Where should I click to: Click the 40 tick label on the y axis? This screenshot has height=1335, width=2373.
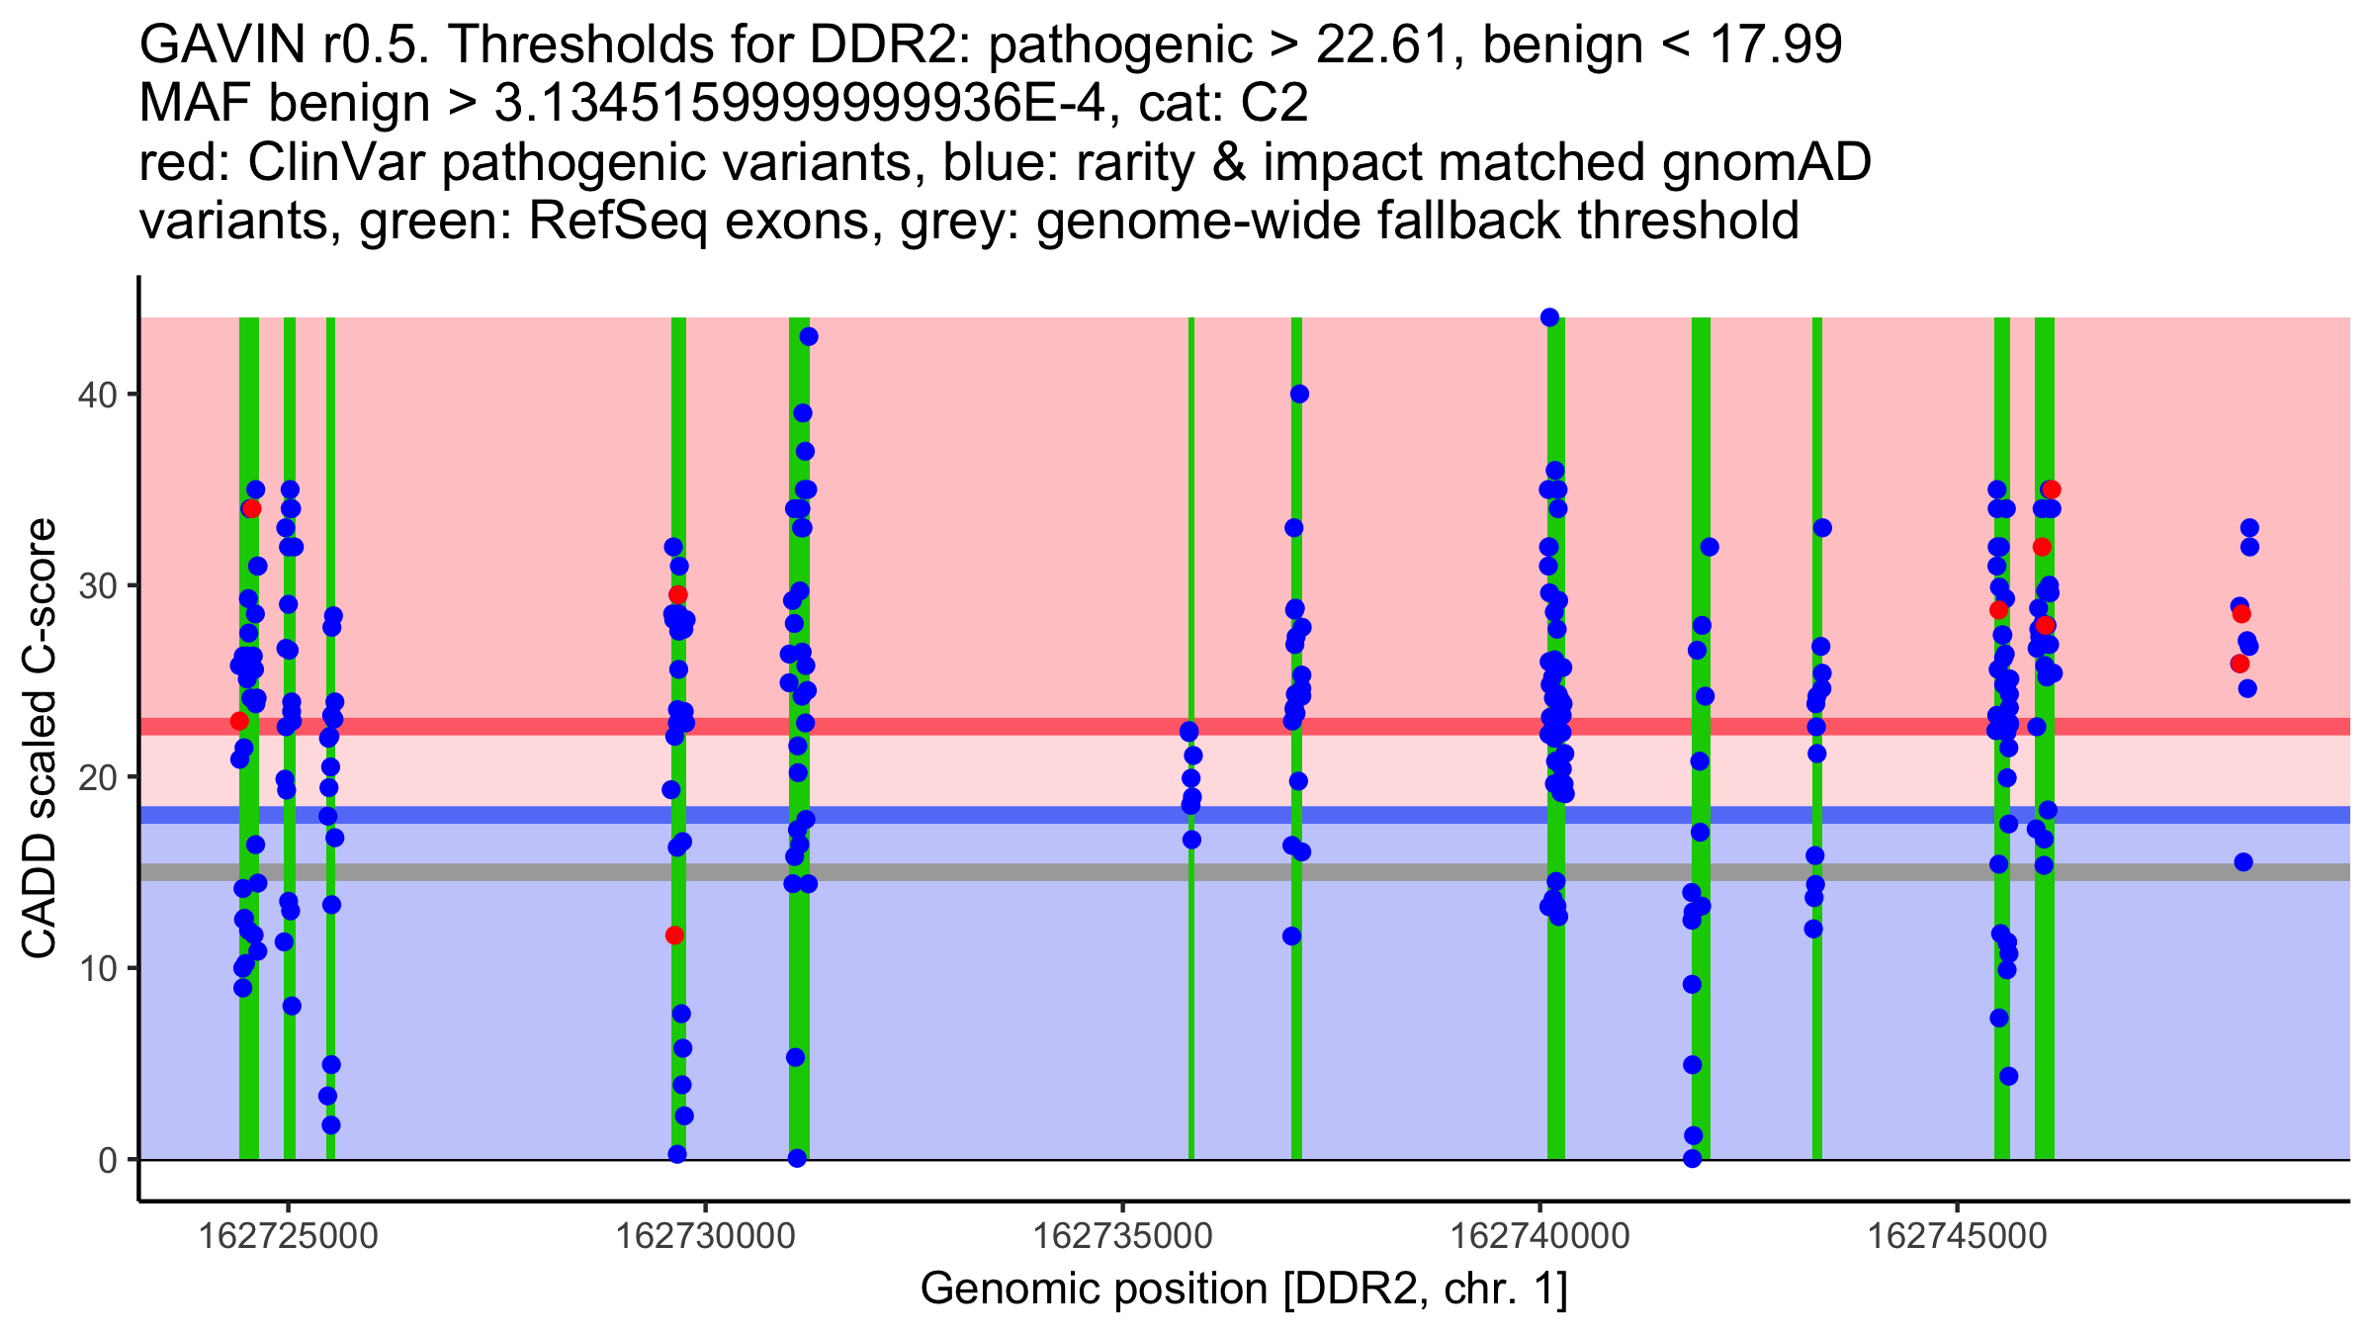[96, 395]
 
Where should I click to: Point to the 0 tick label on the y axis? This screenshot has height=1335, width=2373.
[107, 1160]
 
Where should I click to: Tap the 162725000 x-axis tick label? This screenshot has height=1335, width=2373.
[289, 1236]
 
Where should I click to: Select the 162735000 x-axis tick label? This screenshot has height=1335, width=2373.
[1122, 1236]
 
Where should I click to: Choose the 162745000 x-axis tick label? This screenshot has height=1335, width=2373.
[1956, 1236]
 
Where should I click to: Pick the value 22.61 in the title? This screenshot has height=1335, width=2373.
[1391, 44]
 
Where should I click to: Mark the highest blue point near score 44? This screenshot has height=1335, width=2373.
[1549, 317]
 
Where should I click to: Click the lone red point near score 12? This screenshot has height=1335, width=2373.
[674, 935]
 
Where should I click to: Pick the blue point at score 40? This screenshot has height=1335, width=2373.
[1299, 395]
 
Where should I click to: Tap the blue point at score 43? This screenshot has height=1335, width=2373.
[809, 337]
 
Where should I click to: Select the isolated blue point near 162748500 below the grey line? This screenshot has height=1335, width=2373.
[2243, 862]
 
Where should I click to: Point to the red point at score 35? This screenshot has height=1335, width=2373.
[2052, 489]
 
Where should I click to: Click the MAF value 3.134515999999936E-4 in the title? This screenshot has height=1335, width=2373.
[798, 104]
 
